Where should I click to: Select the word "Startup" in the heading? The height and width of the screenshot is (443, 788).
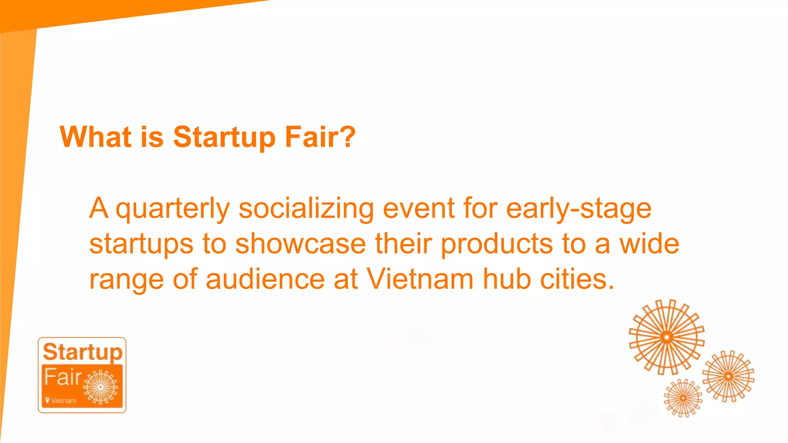pyautogui.click(x=224, y=138)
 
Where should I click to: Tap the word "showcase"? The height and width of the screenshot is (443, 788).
pyautogui.click(x=300, y=244)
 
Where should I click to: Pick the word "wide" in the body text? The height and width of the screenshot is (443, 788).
pyautogui.click(x=649, y=244)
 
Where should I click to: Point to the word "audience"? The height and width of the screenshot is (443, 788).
pyautogui.click(x=265, y=280)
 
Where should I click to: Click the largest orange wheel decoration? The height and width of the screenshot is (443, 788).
pyautogui.click(x=666, y=337)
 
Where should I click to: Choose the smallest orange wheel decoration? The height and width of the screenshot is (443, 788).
pyautogui.click(x=683, y=398)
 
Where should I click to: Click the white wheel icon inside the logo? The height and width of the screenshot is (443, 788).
pyautogui.click(x=100, y=387)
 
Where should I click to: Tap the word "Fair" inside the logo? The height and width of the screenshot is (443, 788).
pyautogui.click(x=63, y=377)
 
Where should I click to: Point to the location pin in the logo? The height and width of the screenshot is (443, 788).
pyautogui.click(x=47, y=400)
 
